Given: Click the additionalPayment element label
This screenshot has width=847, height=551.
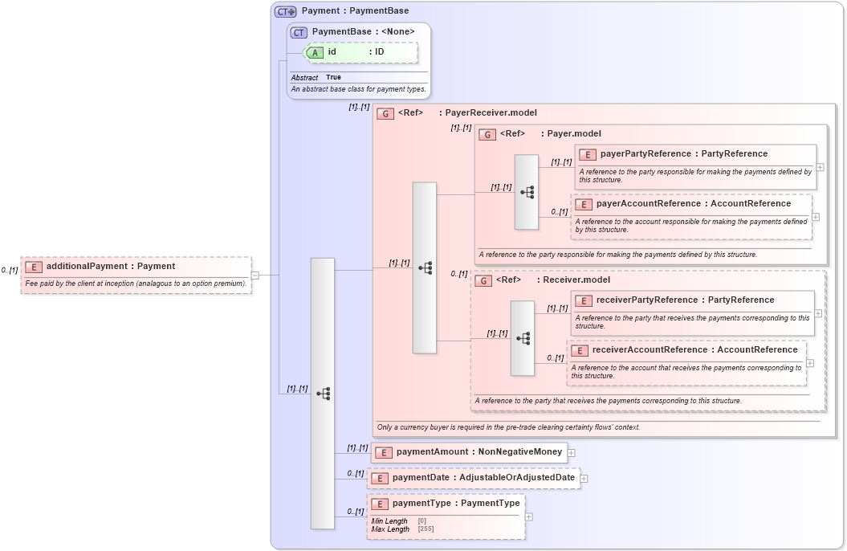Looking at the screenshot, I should (x=110, y=266).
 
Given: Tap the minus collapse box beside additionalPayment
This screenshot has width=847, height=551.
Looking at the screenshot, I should (x=255, y=275).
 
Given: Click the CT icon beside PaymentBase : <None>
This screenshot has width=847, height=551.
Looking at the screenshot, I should (x=299, y=32).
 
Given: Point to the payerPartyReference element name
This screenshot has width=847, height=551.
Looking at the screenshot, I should (x=645, y=154).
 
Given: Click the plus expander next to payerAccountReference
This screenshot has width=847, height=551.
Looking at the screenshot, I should (x=816, y=217).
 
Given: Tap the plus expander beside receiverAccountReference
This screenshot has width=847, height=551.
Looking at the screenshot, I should (x=810, y=363).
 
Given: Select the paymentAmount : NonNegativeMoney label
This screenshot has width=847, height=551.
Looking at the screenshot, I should (x=478, y=452).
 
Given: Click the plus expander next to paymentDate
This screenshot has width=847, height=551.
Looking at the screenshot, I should (x=584, y=479).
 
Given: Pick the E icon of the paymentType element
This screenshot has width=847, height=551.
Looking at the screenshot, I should (x=380, y=504).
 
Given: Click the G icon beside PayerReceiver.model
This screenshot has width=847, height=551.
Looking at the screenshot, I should (x=385, y=114).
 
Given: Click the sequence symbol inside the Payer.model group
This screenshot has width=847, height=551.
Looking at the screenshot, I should (x=527, y=192).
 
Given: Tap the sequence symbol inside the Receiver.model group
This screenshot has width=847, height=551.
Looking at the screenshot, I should (x=523, y=339).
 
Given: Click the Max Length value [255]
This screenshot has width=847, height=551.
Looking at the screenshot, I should (x=426, y=529).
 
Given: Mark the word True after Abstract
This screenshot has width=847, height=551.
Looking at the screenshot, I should (x=333, y=78).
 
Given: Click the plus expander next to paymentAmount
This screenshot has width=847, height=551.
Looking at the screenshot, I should (x=571, y=453).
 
